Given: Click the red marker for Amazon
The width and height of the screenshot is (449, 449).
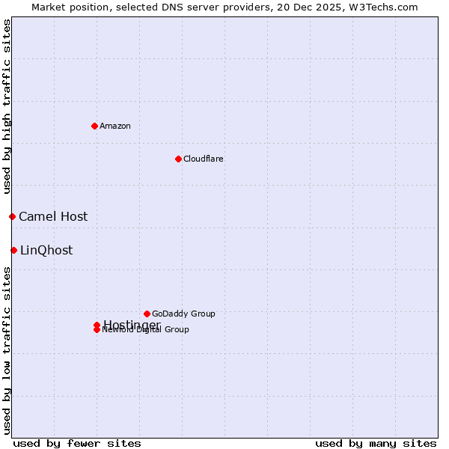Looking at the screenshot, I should [94, 126].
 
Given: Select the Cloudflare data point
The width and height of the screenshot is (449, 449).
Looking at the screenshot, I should [178, 159].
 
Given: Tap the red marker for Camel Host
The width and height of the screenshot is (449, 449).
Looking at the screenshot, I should [12, 216].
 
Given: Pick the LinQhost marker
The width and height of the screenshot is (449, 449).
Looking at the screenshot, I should [13, 250].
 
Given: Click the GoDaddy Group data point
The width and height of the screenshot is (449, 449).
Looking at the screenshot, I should [147, 314].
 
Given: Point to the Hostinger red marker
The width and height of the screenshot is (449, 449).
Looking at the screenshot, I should [97, 325].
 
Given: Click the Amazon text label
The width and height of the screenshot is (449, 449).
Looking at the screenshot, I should [115, 126].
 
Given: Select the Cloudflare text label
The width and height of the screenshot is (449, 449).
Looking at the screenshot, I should [203, 159].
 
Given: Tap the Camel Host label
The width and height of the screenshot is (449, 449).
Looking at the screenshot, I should [53, 216].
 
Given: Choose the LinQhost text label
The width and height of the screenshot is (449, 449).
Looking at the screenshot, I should [46, 250].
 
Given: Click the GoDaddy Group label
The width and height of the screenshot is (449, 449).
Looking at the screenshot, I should [183, 314].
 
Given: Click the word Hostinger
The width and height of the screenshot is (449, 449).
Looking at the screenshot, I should [132, 324].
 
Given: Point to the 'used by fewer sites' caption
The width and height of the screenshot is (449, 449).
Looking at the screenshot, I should [77, 443].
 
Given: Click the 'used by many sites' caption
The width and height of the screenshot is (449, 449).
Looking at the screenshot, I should [376, 443].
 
